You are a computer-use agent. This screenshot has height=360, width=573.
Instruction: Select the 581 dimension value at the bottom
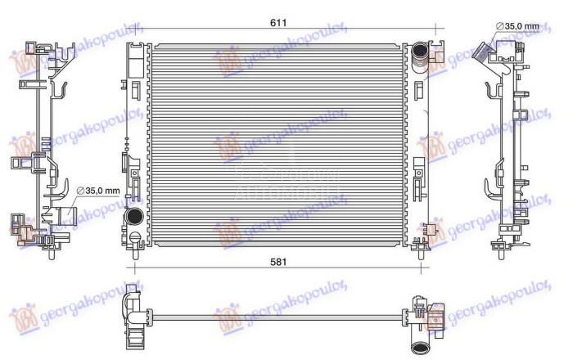[279, 262]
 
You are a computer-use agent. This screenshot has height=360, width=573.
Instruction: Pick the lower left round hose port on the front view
[134, 218]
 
